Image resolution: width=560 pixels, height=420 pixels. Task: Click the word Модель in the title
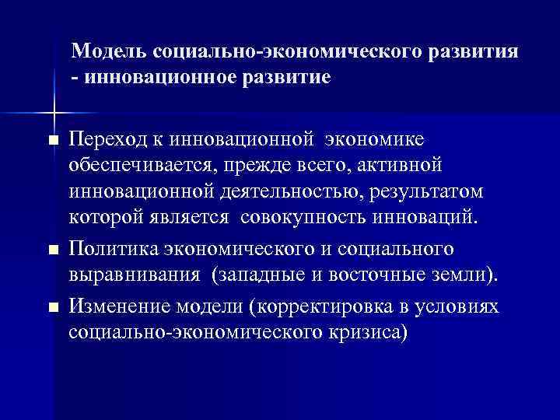(x=110, y=52)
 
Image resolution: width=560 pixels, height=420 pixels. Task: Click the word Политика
(x=114, y=250)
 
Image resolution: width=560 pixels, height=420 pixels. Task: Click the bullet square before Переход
(x=53, y=140)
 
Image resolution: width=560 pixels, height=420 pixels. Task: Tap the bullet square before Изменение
(x=53, y=309)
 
